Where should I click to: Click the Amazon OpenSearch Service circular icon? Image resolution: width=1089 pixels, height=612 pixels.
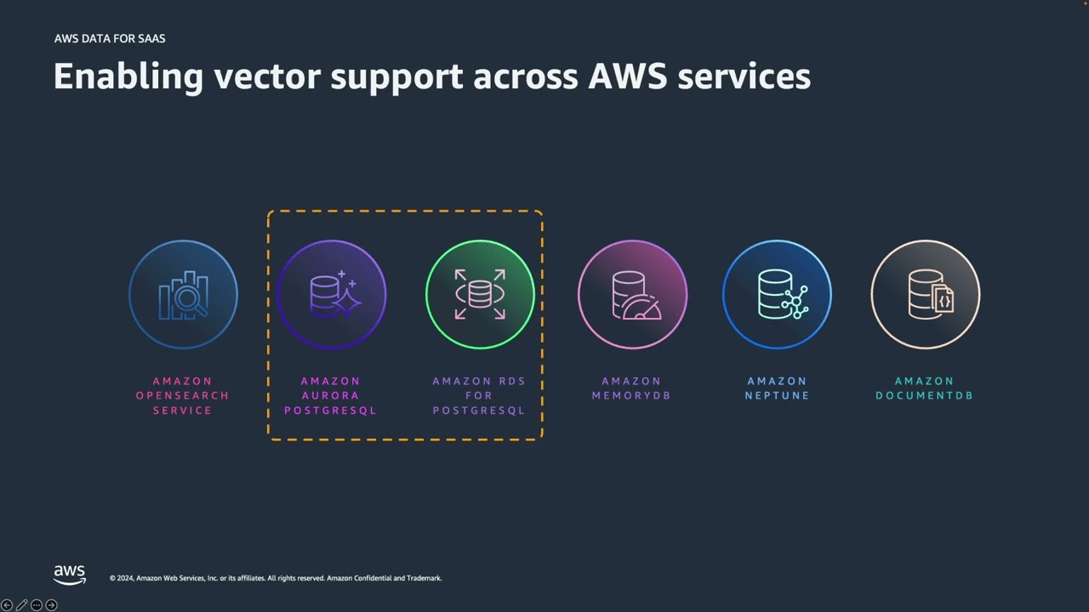click(x=183, y=294)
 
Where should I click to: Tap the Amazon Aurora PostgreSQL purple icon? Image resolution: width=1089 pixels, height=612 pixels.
click(x=331, y=294)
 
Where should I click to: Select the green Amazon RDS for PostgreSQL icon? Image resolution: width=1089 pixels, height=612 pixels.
click(x=480, y=294)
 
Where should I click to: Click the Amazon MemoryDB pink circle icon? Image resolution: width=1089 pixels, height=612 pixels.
click(x=632, y=294)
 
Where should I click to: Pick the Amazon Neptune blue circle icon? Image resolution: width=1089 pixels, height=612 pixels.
click(x=777, y=294)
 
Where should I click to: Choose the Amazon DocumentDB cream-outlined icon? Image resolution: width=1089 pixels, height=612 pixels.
click(x=925, y=294)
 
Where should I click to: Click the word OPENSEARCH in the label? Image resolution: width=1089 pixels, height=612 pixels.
click(x=182, y=395)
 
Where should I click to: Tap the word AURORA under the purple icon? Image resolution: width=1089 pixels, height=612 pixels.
click(x=330, y=395)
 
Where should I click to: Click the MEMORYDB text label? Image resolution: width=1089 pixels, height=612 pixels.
click(x=631, y=395)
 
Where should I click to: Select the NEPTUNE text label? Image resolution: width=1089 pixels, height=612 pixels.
click(x=777, y=395)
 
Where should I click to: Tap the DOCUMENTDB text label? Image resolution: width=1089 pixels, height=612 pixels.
click(x=924, y=395)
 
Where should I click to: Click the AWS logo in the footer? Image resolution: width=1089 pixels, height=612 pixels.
click(x=70, y=575)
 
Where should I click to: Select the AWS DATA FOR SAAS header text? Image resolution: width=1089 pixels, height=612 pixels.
click(x=110, y=38)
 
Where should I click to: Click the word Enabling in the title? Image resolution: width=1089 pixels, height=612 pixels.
click(x=128, y=76)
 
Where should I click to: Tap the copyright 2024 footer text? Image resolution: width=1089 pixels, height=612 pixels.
click(x=275, y=578)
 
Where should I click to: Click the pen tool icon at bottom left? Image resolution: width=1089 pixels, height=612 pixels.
click(x=21, y=605)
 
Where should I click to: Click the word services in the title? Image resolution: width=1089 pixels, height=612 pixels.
click(x=744, y=76)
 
